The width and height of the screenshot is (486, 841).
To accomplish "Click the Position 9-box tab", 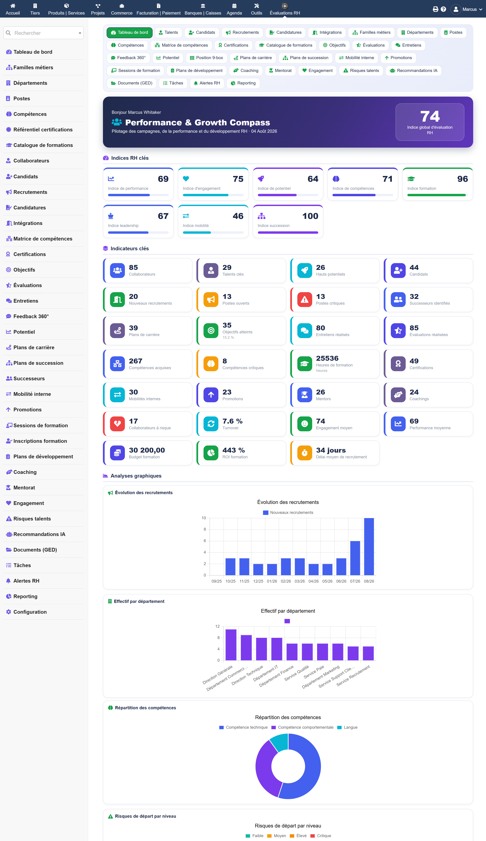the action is [x=207, y=58].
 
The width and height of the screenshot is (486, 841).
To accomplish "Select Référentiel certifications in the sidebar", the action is [x=43, y=130].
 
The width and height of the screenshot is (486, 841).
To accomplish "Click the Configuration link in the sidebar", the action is [x=30, y=612].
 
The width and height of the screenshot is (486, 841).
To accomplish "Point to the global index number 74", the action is [x=430, y=117].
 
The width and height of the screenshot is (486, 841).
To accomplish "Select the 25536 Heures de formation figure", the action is [x=327, y=358].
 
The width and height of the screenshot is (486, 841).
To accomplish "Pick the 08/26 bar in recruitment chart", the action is [x=369, y=547].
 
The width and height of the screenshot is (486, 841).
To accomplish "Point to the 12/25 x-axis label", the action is [x=258, y=581].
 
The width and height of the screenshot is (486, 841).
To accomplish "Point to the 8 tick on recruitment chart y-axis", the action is [x=205, y=529].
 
